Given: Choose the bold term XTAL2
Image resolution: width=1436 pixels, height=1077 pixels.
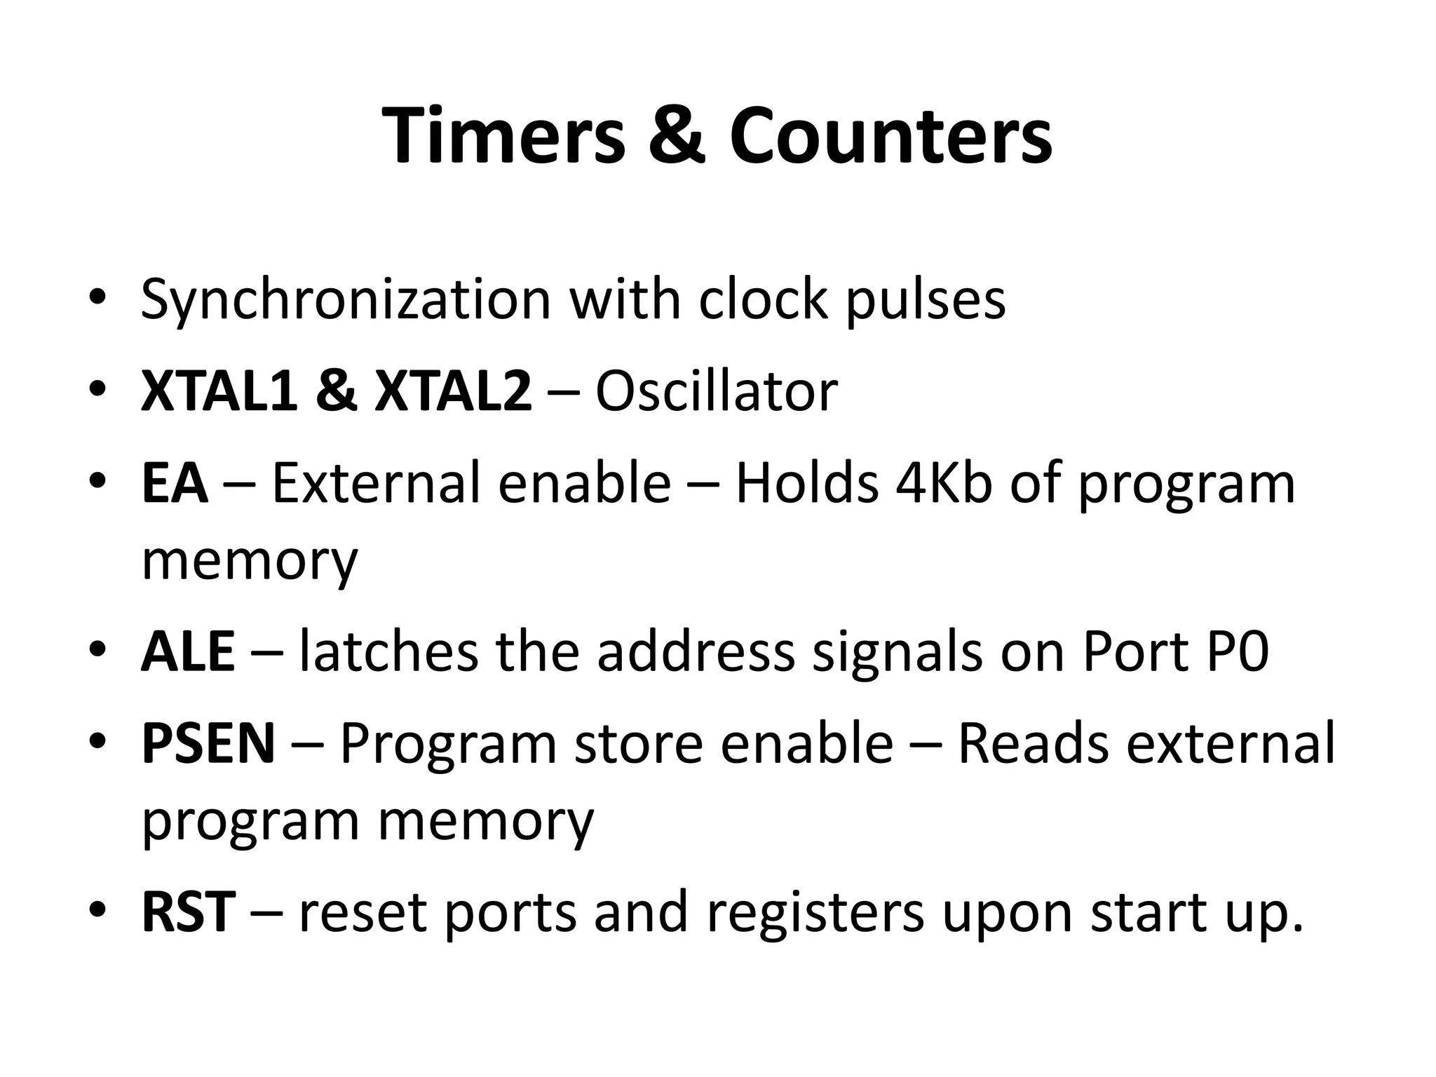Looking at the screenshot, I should [453, 391].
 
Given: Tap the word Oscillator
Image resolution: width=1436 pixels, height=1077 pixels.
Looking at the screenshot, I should [716, 391].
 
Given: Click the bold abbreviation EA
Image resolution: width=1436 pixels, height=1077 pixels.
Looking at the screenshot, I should [175, 483].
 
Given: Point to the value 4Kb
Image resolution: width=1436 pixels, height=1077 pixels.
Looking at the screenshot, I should [944, 483].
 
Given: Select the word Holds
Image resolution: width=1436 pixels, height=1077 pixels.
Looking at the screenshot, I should [806, 483].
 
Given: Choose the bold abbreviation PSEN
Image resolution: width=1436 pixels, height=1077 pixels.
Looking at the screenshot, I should [208, 744].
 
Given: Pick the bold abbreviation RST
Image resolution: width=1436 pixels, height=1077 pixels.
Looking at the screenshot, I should [188, 912].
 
